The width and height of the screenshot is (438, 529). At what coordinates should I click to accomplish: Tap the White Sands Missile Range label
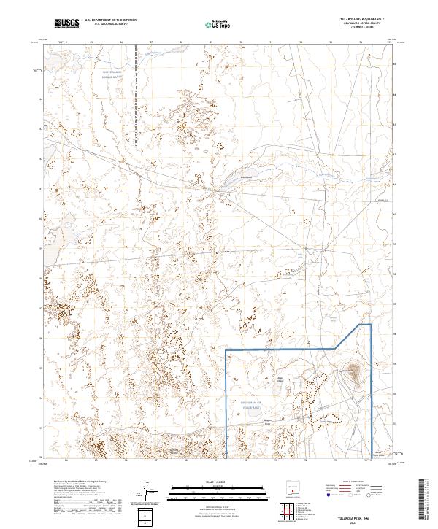tap(113, 75)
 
